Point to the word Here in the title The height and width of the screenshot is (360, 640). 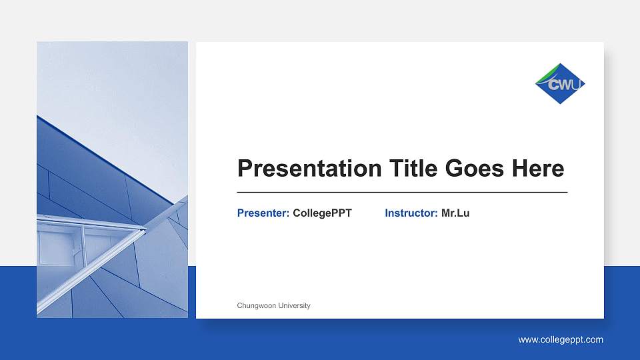538,169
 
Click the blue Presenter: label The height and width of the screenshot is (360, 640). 263,213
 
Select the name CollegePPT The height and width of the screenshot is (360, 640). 322,213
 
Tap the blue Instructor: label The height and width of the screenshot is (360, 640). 411,213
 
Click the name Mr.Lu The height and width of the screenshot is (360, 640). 455,213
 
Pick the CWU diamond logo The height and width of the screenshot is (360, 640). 560,83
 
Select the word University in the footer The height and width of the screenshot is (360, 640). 294,305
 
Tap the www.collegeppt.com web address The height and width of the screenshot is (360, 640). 561,339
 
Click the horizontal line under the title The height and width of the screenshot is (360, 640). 402,192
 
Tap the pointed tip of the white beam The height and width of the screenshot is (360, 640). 144,230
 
